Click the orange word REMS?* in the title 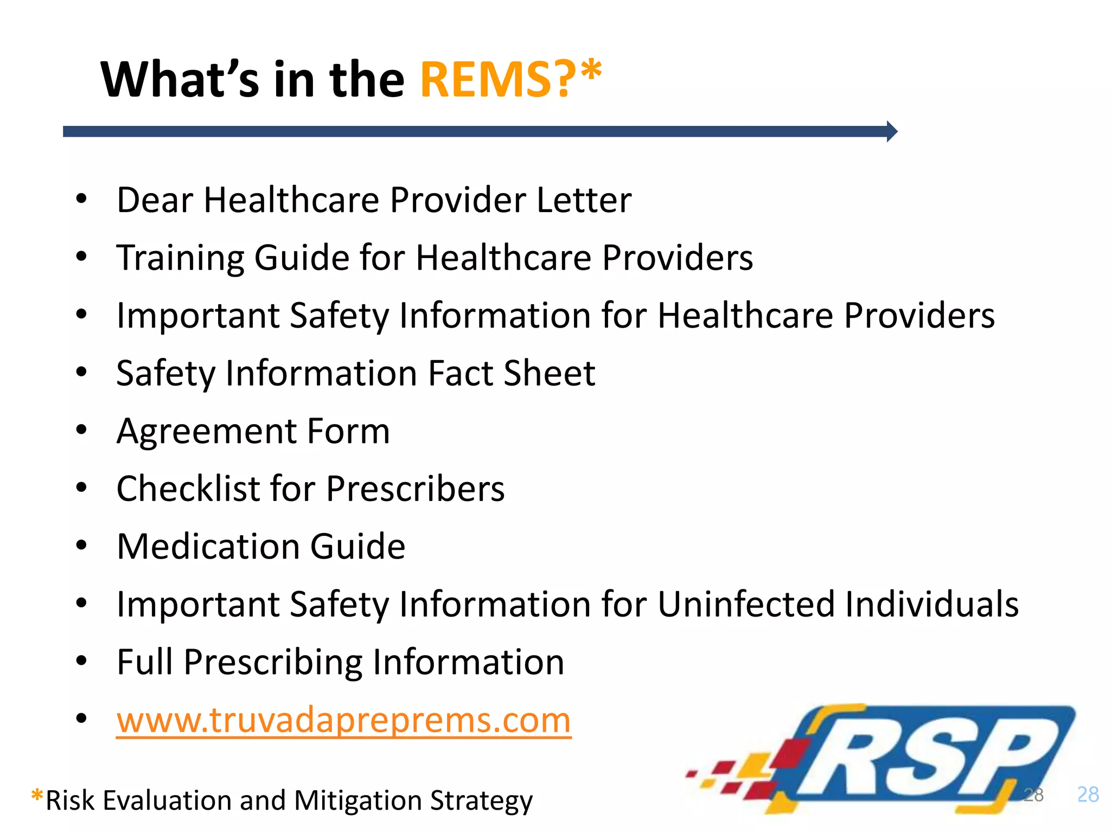(510, 80)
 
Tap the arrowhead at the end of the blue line (892, 131)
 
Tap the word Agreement (206, 432)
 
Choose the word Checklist (188, 489)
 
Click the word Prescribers (415, 489)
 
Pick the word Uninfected (746, 604)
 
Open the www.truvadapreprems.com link (344, 720)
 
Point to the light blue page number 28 (1088, 794)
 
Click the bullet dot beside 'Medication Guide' (81, 545)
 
